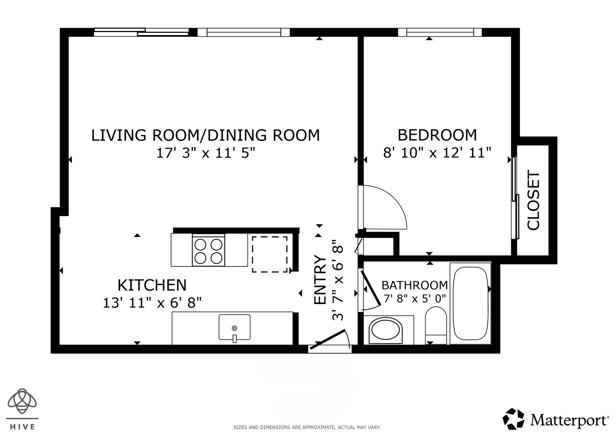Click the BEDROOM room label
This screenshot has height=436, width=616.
tap(437, 135)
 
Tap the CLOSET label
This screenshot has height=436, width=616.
tap(533, 200)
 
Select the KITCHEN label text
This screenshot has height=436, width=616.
tap(152, 285)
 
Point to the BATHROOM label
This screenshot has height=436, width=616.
tap(415, 285)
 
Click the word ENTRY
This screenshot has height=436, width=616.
tap(320, 280)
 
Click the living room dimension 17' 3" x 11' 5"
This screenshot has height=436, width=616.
tap(206, 153)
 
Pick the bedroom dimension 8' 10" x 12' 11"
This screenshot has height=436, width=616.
tap(437, 153)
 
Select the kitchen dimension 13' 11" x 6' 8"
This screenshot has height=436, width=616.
tap(152, 303)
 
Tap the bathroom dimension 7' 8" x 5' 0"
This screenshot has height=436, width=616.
tap(415, 298)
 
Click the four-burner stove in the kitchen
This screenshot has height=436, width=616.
tap(209, 251)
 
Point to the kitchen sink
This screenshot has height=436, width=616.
tap(234, 327)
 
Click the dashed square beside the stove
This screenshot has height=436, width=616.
tap(269, 254)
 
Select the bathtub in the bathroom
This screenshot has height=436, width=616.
tap(470, 303)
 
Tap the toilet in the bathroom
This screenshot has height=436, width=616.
tap(436, 326)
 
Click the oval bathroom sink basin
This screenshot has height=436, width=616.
tap(385, 331)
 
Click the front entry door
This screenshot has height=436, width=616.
tap(327, 340)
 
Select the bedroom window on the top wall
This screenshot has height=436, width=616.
tap(440, 32)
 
